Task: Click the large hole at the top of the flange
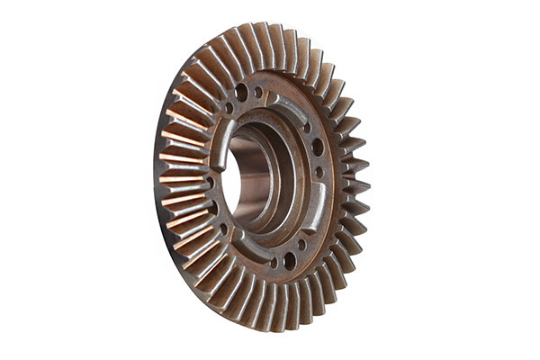[x=242, y=91]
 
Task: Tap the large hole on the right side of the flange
[x=317, y=147]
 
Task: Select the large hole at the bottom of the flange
[x=289, y=261]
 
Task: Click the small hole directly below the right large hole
[x=319, y=171]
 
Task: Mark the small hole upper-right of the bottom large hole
[x=302, y=244]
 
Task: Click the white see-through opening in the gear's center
[x=230, y=180]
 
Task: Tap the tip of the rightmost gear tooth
[x=368, y=184]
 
